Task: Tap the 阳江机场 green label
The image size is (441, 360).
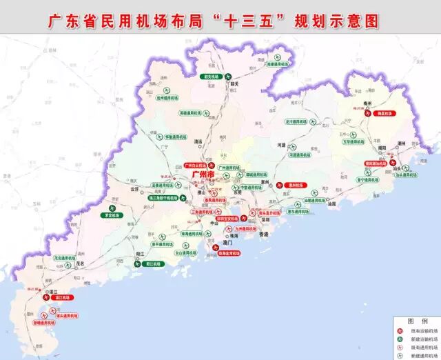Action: click(157, 263)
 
